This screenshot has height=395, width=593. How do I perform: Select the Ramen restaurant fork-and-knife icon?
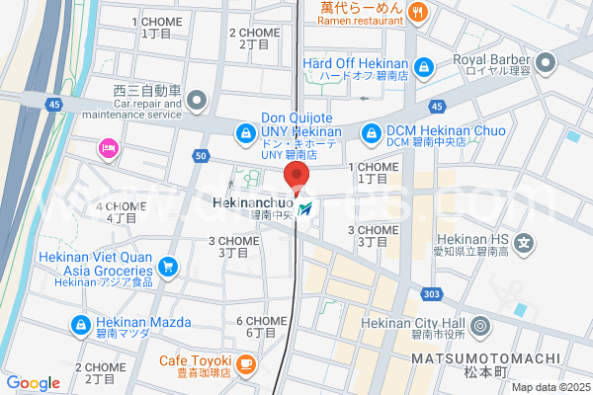click(x=418, y=13)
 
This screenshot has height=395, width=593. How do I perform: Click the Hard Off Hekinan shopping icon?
click(x=423, y=67)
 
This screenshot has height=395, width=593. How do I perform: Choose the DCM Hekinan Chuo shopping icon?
click(x=371, y=130)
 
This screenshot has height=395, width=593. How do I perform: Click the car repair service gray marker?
click(x=196, y=100)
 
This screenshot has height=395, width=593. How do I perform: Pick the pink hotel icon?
click(x=108, y=148)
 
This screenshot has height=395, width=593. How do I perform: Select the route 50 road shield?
click(x=202, y=156)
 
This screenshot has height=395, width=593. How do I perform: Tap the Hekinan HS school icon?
click(x=526, y=242)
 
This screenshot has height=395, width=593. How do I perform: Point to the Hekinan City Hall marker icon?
click(x=479, y=325)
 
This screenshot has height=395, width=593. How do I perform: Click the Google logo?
click(x=33, y=383)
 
